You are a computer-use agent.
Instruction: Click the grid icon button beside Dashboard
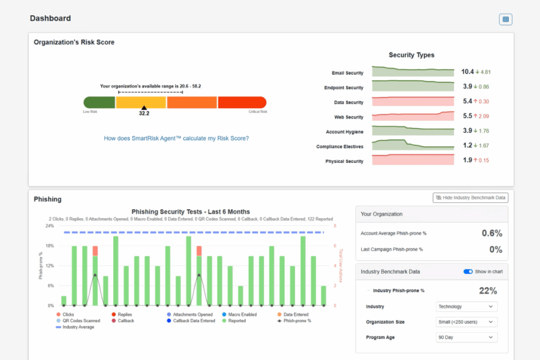(506, 20)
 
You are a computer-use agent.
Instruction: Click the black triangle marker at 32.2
(144, 108)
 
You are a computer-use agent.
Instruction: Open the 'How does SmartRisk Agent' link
(176, 139)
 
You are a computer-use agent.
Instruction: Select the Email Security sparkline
(412, 72)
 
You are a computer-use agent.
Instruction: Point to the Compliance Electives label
(340, 147)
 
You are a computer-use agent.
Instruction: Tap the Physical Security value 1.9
(467, 160)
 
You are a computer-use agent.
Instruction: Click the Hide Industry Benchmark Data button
(470, 198)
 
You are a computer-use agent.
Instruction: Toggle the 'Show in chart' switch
(468, 272)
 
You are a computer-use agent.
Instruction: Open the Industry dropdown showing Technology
(467, 306)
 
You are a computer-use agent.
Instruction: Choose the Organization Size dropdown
(467, 322)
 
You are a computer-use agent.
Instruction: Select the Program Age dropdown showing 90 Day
(467, 337)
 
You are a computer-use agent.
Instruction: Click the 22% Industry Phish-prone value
(487, 290)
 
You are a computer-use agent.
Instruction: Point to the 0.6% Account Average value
(491, 233)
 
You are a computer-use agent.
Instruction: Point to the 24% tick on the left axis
(50, 226)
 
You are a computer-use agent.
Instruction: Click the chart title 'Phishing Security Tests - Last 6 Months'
(190, 211)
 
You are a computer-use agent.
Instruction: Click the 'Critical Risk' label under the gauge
(258, 112)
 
